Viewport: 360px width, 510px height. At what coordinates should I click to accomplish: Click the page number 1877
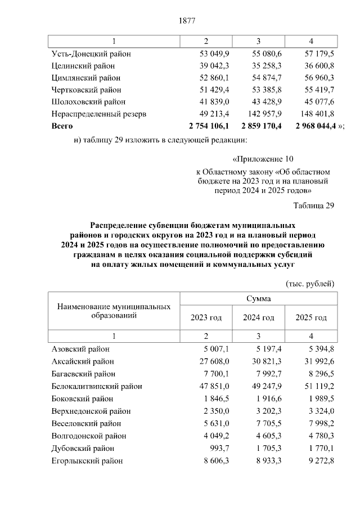pyautogui.click(x=187, y=21)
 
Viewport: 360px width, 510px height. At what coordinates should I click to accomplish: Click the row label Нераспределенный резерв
pyautogui.click(x=98, y=114)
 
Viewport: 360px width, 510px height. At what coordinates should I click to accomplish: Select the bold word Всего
pyautogui.click(x=62, y=126)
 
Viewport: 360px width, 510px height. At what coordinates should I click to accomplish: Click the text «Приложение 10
pyautogui.click(x=263, y=159)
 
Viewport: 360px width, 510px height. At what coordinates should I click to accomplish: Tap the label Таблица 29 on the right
pyautogui.click(x=314, y=205)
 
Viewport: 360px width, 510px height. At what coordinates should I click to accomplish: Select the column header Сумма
pyautogui.click(x=258, y=298)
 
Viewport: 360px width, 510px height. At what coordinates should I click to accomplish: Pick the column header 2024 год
pyautogui.click(x=259, y=318)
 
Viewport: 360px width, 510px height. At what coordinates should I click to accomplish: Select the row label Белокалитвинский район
pyautogui.click(x=96, y=386)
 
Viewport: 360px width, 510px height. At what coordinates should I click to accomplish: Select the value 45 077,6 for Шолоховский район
pyautogui.click(x=318, y=102)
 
